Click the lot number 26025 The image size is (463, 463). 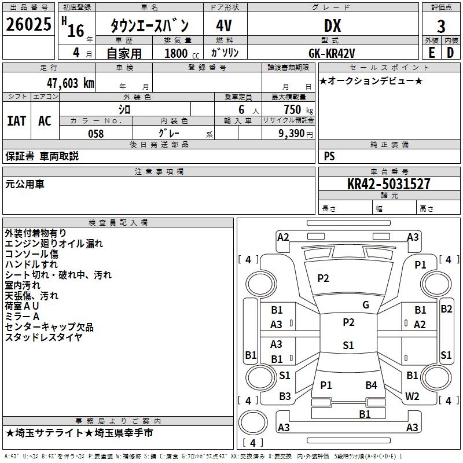(28, 24)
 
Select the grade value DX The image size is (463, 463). (332, 25)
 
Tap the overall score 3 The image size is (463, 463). (441, 27)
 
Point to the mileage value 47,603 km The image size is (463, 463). (71, 83)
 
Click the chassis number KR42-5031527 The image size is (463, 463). (388, 184)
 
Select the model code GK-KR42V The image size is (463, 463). (332, 53)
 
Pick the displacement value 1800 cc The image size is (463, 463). (182, 53)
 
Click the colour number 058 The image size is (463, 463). (96, 134)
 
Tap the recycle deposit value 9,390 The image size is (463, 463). (292, 134)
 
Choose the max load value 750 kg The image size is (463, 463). (298, 110)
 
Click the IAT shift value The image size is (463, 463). (16, 121)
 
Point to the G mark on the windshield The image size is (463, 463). (366, 305)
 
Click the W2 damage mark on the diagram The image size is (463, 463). (412, 396)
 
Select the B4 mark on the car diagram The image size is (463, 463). (371, 385)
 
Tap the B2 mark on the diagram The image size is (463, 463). (446, 309)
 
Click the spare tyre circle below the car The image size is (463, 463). (253, 422)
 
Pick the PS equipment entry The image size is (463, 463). (329, 156)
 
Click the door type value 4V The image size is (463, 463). (224, 25)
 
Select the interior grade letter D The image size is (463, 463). (450, 53)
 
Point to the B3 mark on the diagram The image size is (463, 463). (285, 396)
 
